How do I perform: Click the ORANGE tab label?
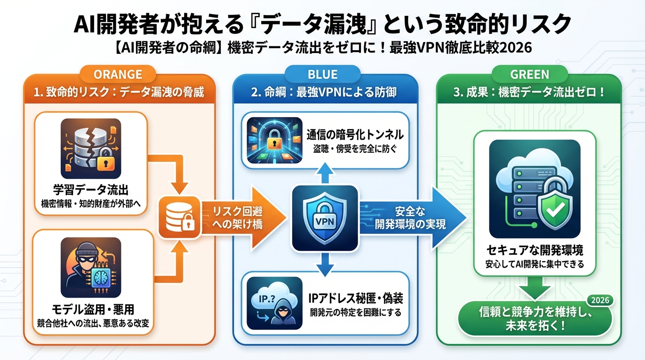coord(118,74)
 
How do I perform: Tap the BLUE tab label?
coord(322,74)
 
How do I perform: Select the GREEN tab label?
coord(529,74)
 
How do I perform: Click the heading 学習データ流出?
coord(91,190)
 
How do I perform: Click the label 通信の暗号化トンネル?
coord(355,135)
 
